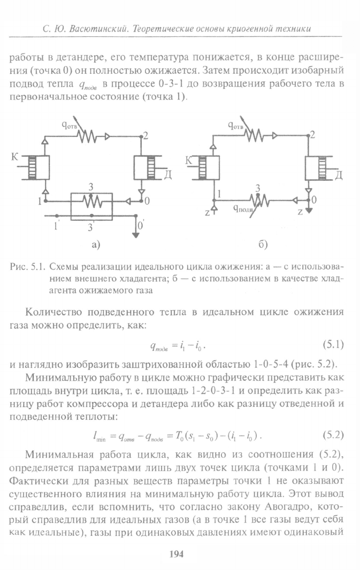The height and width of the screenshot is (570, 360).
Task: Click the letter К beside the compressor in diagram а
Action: pyautogui.click(x=15, y=157)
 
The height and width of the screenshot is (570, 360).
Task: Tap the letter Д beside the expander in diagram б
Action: pyautogui.click(x=338, y=175)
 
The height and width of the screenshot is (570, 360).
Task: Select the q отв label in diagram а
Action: pyautogui.click(x=69, y=126)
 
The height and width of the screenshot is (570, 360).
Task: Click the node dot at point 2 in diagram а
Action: pyautogui.click(x=141, y=137)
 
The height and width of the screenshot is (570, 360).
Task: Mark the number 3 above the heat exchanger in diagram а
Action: pyautogui.click(x=91, y=187)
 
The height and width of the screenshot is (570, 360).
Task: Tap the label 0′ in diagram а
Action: pyautogui.click(x=140, y=226)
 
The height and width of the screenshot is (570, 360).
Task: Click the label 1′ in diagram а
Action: pyautogui.click(x=56, y=226)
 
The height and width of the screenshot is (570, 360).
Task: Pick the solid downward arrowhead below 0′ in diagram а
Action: pyautogui.click(x=136, y=235)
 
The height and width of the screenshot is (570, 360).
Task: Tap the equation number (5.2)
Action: pyautogui.click(x=333, y=435)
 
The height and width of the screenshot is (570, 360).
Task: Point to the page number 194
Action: pyautogui.click(x=177, y=554)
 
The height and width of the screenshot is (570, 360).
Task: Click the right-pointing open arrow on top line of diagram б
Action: pyautogui.click(x=274, y=136)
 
